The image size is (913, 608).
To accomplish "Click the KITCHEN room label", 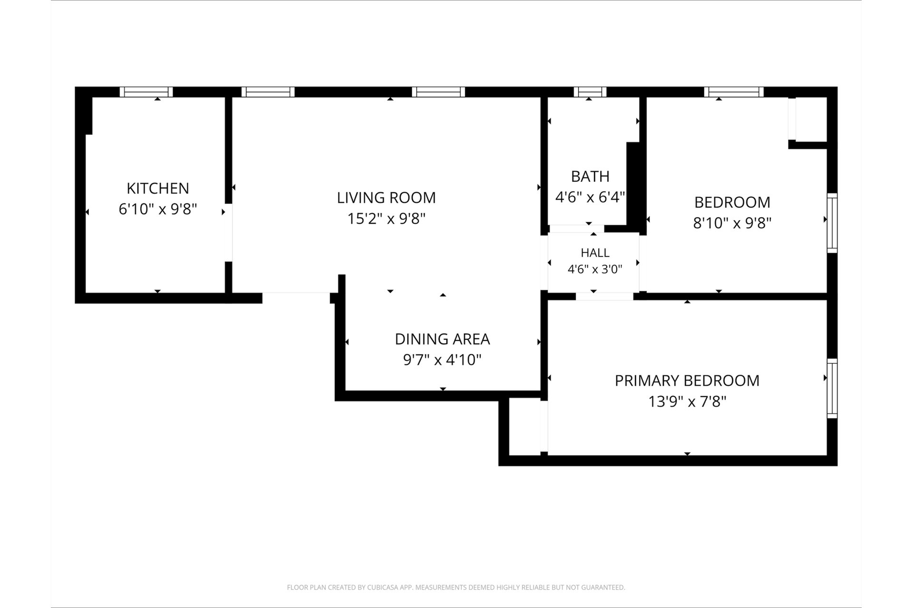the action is (x=158, y=188).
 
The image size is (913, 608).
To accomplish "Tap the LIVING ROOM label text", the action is (x=386, y=198).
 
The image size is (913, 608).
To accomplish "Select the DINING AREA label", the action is (x=442, y=339).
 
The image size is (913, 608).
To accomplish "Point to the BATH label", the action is (x=590, y=176).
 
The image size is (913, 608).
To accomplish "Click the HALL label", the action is (x=595, y=253).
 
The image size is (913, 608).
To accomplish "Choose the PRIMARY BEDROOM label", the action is (x=687, y=380).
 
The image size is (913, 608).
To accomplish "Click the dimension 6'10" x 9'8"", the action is (x=158, y=209).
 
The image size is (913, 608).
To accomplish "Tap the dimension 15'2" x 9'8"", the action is (x=386, y=218).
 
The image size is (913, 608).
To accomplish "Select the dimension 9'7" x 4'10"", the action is (x=442, y=360).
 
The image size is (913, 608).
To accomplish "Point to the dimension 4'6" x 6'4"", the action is (x=590, y=197).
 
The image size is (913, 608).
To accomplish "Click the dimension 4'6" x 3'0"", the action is (x=595, y=269).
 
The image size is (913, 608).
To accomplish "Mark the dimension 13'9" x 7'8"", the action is (x=687, y=402).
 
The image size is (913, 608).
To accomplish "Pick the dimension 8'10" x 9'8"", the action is (x=732, y=223).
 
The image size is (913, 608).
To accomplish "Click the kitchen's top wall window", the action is (x=146, y=92).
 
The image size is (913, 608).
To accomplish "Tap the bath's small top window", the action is (x=590, y=92).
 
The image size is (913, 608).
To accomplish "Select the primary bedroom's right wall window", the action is (x=832, y=389).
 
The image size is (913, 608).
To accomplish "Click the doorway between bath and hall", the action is (x=576, y=229).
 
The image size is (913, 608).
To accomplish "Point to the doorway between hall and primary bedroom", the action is (x=604, y=296).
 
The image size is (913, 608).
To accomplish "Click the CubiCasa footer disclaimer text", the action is (x=456, y=588).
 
